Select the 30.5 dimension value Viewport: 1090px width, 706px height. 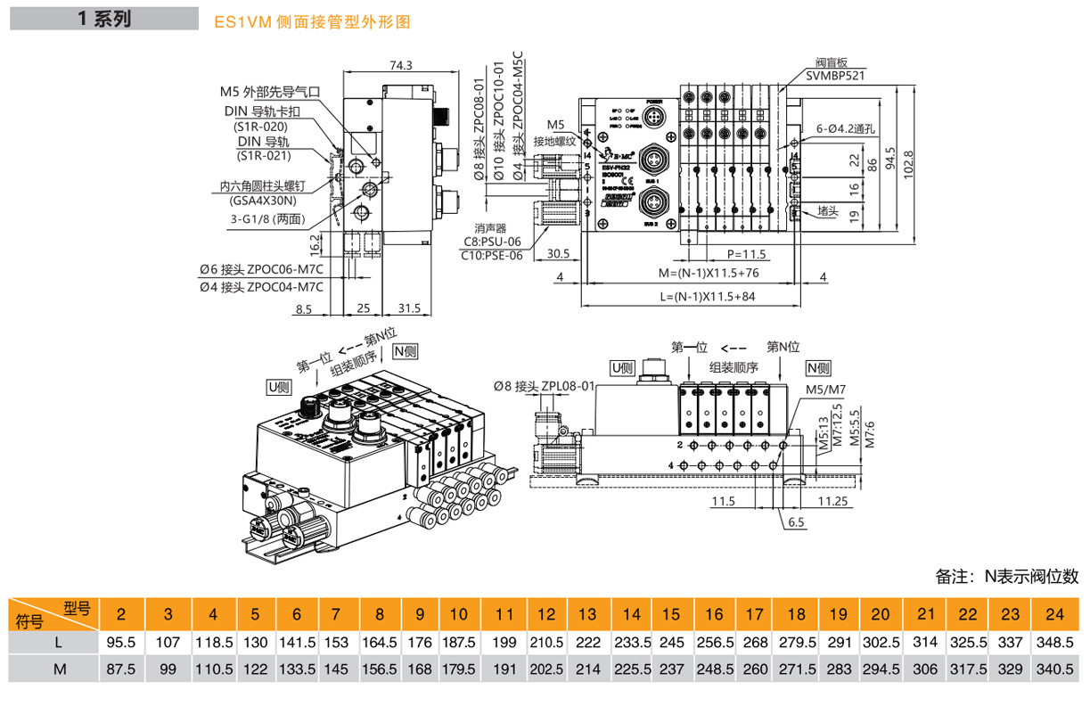click(558, 253)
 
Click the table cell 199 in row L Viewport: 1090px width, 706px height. click(504, 642)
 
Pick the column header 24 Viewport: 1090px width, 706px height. click(1055, 614)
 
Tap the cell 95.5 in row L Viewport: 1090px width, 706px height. click(120, 642)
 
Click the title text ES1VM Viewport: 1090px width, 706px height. click(247, 22)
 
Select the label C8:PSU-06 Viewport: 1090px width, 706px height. click(492, 241)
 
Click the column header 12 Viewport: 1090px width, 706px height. click(547, 614)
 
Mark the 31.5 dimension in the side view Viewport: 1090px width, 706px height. click(408, 308)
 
